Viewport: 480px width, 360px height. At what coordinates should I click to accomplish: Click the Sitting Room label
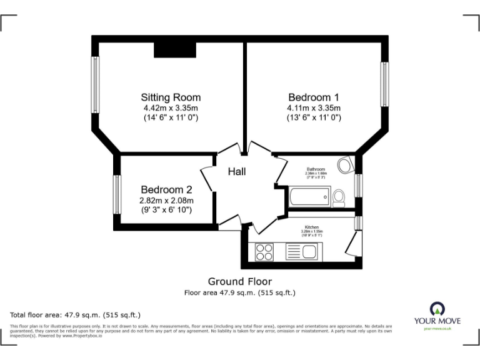coord(171,97)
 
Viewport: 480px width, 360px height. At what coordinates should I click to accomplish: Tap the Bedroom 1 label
coord(313,97)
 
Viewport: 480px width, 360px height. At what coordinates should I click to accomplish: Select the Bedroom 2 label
coord(166,189)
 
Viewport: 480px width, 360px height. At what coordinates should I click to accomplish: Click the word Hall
coord(237,171)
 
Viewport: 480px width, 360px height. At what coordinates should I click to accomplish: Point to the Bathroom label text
coord(316,169)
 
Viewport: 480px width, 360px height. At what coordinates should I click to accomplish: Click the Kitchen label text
coord(312,227)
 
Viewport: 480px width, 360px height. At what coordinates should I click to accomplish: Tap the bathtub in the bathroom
coord(307,199)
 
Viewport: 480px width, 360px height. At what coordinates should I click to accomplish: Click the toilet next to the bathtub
coord(339,198)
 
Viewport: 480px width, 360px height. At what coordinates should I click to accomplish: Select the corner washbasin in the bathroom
coord(346,166)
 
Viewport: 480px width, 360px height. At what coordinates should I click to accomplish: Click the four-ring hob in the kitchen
coord(264,251)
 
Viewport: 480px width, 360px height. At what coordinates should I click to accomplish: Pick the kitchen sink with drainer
coord(303,251)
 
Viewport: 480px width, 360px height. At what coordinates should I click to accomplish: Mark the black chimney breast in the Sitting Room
coord(175,50)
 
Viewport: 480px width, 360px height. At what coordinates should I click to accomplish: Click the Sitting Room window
coord(96,85)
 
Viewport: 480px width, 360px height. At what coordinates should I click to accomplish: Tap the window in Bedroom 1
coord(385,84)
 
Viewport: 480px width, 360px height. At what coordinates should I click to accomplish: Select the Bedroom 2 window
coord(116,194)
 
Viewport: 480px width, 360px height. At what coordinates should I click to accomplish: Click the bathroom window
coord(358,186)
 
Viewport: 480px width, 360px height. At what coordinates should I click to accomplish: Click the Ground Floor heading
coord(240,282)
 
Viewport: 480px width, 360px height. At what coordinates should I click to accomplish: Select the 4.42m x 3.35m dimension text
coord(171,107)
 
